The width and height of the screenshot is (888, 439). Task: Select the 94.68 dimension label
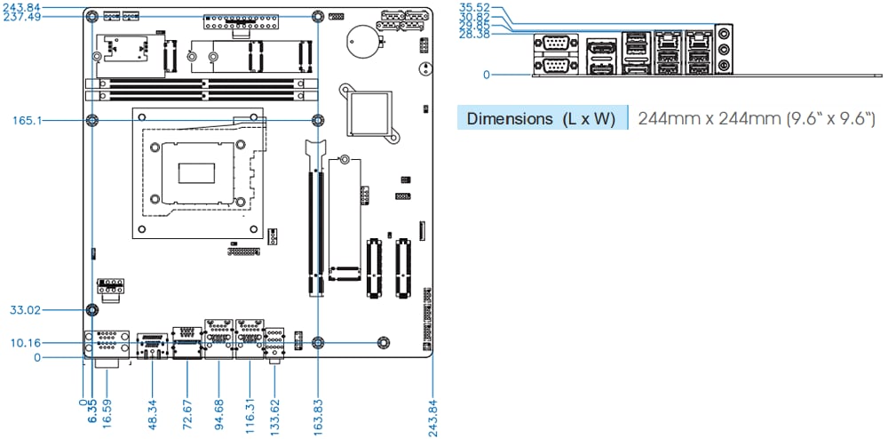click(x=218, y=409)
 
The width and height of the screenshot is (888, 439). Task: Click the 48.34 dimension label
click(x=154, y=409)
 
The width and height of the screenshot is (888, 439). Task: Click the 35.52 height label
click(x=474, y=7)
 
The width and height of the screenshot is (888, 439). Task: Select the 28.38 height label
click(x=474, y=34)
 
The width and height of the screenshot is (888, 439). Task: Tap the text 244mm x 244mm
click(x=710, y=119)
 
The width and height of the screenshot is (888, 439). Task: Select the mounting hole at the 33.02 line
click(x=91, y=310)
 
